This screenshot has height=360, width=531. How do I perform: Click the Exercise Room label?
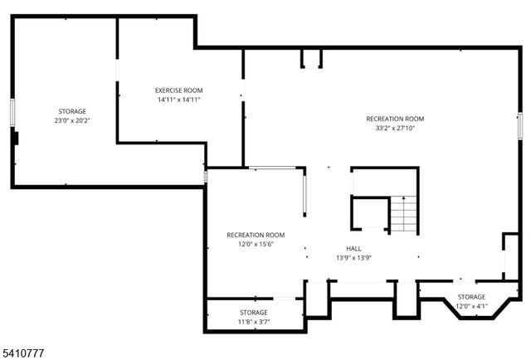pyautogui.click(x=178, y=90)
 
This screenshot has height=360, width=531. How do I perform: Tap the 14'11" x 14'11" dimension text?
pyautogui.click(x=178, y=100)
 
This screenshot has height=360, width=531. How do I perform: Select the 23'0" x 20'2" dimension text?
pyautogui.click(x=71, y=120)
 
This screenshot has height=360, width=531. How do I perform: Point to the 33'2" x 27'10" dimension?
pyautogui.click(x=395, y=129)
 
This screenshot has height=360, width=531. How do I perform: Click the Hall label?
pyautogui.click(x=353, y=249)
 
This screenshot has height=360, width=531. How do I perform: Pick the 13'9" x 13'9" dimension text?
pyautogui.click(x=353, y=258)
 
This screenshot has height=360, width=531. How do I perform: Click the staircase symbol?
pyautogui.click(x=402, y=215)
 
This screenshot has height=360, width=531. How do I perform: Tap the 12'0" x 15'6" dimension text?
pyautogui.click(x=256, y=244)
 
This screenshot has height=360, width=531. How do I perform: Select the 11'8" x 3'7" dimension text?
pyautogui.click(x=254, y=321)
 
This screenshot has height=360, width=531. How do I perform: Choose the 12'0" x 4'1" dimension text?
pyautogui.click(x=471, y=306)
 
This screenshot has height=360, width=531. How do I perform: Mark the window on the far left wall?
pyautogui.click(x=12, y=111)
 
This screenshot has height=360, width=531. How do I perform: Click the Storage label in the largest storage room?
pyautogui.click(x=71, y=111)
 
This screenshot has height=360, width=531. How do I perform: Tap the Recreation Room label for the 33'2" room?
pyautogui.click(x=395, y=119)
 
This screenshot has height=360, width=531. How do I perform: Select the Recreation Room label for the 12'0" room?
pyautogui.click(x=256, y=235)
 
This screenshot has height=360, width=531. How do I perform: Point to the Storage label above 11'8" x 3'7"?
pyautogui.click(x=254, y=313)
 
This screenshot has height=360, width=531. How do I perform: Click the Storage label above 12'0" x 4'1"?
pyautogui.click(x=471, y=297)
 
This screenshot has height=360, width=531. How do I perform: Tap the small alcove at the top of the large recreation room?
pyautogui.click(x=311, y=57)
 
